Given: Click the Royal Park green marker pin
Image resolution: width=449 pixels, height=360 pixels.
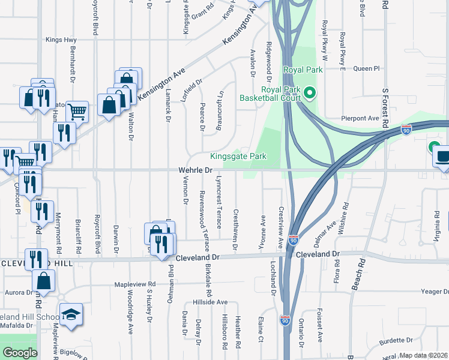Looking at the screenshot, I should [310, 93].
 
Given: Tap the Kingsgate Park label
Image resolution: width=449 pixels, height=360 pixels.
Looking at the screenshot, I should [238, 157].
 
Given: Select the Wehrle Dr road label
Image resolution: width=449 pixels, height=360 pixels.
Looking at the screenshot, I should [196, 170].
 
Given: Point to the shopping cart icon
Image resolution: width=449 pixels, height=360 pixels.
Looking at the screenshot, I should [77, 111].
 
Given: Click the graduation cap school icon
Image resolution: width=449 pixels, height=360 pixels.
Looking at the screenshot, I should [70, 314].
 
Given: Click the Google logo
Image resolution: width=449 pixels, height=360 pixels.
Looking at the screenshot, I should [20, 353].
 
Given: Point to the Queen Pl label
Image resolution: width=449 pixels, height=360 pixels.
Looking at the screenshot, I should [367, 68].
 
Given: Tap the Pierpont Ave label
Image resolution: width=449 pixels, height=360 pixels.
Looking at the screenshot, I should [357, 118].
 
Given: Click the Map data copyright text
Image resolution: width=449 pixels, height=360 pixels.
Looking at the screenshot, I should [423, 355].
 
